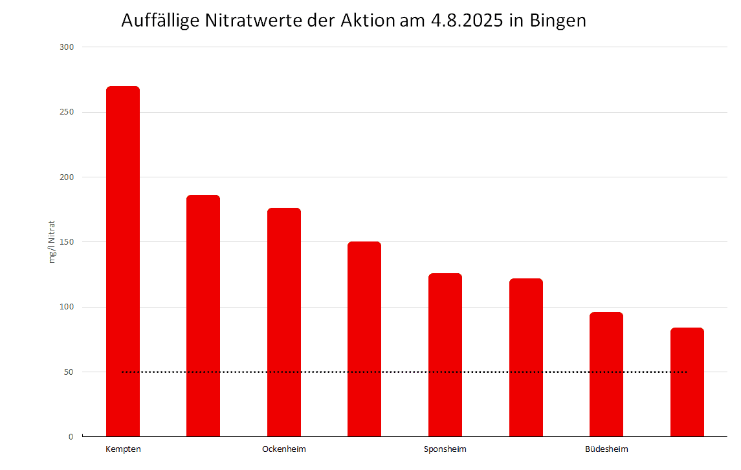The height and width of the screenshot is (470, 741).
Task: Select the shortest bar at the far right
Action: click(x=687, y=382)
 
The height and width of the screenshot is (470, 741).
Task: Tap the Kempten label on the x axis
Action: click(x=123, y=449)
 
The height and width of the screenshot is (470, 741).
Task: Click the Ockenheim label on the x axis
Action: click(x=284, y=449)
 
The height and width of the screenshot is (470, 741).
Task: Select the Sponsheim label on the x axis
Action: click(x=445, y=449)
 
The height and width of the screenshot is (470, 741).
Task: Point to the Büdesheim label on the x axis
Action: click(x=606, y=449)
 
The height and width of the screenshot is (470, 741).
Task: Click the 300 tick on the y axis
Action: click(x=68, y=47)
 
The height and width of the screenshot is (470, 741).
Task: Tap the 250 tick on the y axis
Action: click(x=68, y=112)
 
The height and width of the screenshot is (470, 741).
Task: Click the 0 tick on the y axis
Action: click(x=72, y=437)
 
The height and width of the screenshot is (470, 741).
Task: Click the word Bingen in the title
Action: click(x=557, y=21)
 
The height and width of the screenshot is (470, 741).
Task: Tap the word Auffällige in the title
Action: click(x=160, y=21)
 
